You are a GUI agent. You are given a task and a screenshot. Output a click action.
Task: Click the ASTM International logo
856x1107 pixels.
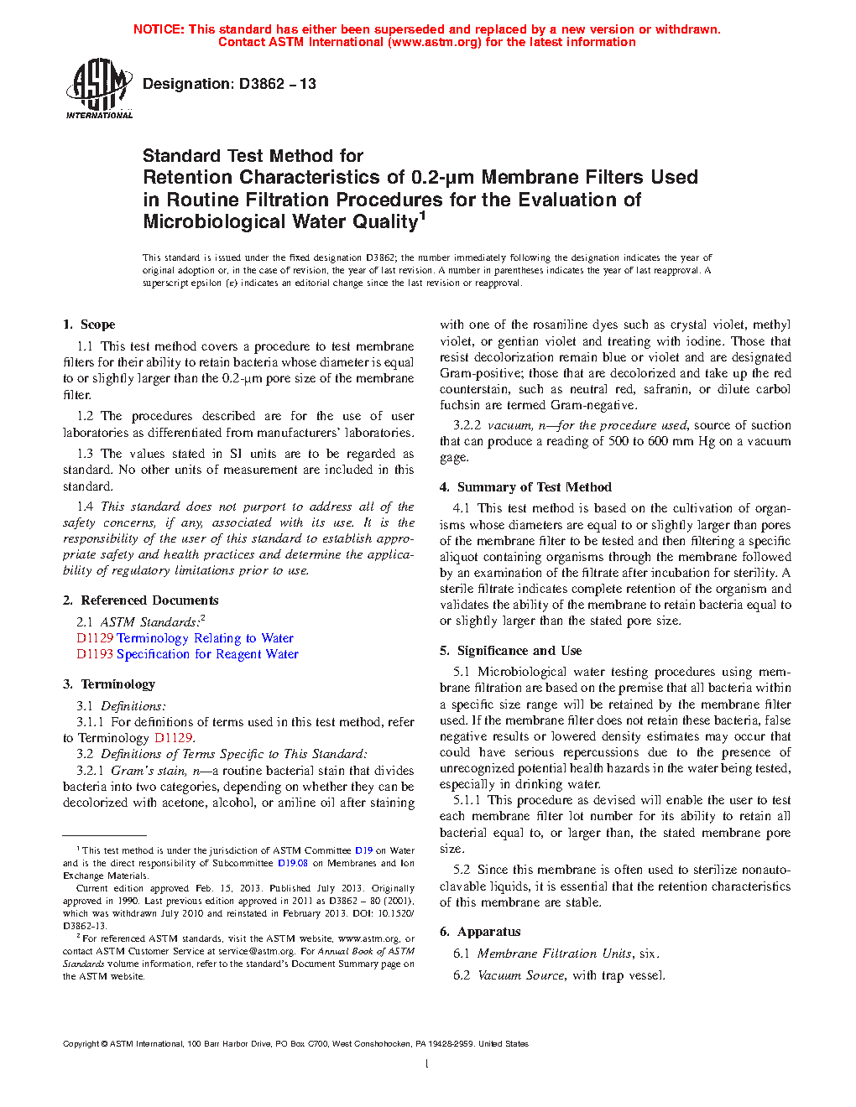pos(99,88)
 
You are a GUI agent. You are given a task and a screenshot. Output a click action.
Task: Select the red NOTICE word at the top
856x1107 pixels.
pos(159,29)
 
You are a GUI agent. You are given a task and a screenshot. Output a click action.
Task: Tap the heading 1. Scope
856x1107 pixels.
pos(89,325)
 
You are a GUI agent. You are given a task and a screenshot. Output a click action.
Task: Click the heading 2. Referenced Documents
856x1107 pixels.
pos(141,600)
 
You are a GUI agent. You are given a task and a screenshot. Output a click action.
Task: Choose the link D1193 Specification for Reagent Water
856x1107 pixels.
pos(187,654)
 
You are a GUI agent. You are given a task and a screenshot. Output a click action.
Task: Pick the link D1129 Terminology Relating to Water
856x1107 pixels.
pos(185,638)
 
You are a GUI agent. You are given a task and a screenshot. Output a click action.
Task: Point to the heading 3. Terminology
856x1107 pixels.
pos(109,684)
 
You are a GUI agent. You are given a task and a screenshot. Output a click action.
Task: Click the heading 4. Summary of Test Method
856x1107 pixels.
pos(525,487)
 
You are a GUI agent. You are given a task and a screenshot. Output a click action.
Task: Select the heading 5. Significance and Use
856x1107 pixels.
pos(510,651)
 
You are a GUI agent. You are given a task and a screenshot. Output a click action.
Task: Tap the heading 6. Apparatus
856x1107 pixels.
pos(480,932)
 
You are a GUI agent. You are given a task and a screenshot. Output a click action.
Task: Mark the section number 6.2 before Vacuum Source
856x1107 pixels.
pos(462,975)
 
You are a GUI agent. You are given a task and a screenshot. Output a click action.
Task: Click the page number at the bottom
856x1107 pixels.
pos(427,1064)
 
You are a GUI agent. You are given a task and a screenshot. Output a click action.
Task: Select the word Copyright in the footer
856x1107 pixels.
pos(81,1044)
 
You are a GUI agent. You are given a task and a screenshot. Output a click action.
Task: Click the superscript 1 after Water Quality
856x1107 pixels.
pos(422,216)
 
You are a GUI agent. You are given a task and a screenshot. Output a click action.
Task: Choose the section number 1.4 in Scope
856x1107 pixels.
pos(85,507)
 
